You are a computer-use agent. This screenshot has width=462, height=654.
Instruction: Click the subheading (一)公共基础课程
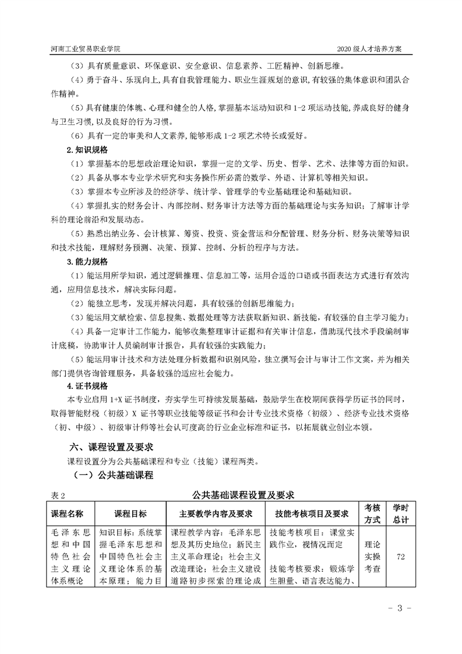(113, 475)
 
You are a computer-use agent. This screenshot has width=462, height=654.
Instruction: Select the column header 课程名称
(68, 514)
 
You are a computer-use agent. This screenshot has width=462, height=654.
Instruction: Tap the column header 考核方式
(372, 514)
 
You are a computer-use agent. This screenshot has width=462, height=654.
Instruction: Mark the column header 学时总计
(401, 514)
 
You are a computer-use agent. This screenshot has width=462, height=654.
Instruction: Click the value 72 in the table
(401, 557)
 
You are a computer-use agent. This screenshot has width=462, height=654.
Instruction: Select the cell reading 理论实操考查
(372, 557)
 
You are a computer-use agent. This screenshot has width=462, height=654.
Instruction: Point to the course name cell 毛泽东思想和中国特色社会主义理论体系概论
(68, 557)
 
